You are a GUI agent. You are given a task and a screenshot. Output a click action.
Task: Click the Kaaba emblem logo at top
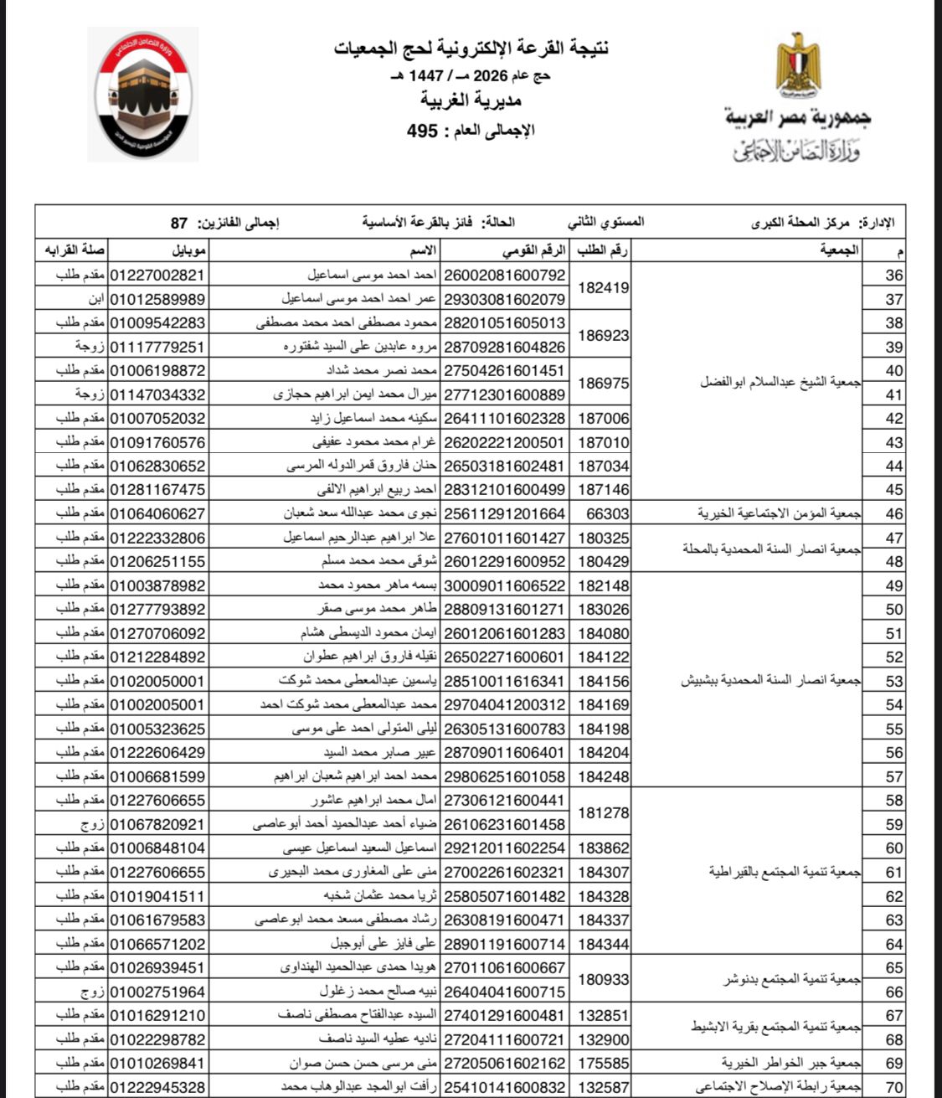tap(142, 94)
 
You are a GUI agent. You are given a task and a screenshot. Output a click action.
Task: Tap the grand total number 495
tap(422, 131)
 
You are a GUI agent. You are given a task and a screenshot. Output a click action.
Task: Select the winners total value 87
tap(178, 223)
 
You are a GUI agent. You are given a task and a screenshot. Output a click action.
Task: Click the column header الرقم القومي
tap(533, 250)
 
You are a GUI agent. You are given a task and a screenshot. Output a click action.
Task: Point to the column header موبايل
tap(189, 250)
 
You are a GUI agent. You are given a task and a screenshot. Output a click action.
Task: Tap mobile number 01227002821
tap(157, 276)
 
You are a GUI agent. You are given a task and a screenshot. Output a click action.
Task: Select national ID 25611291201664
tap(504, 514)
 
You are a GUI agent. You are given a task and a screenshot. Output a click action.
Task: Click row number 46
tap(894, 514)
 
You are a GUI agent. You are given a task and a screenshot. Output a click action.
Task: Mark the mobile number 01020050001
tap(157, 682)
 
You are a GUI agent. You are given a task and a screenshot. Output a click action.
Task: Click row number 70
tap(894, 1088)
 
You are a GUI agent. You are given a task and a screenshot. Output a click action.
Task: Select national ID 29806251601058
tap(504, 777)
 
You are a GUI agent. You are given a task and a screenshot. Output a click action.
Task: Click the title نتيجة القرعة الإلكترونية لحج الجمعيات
tap(471, 49)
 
